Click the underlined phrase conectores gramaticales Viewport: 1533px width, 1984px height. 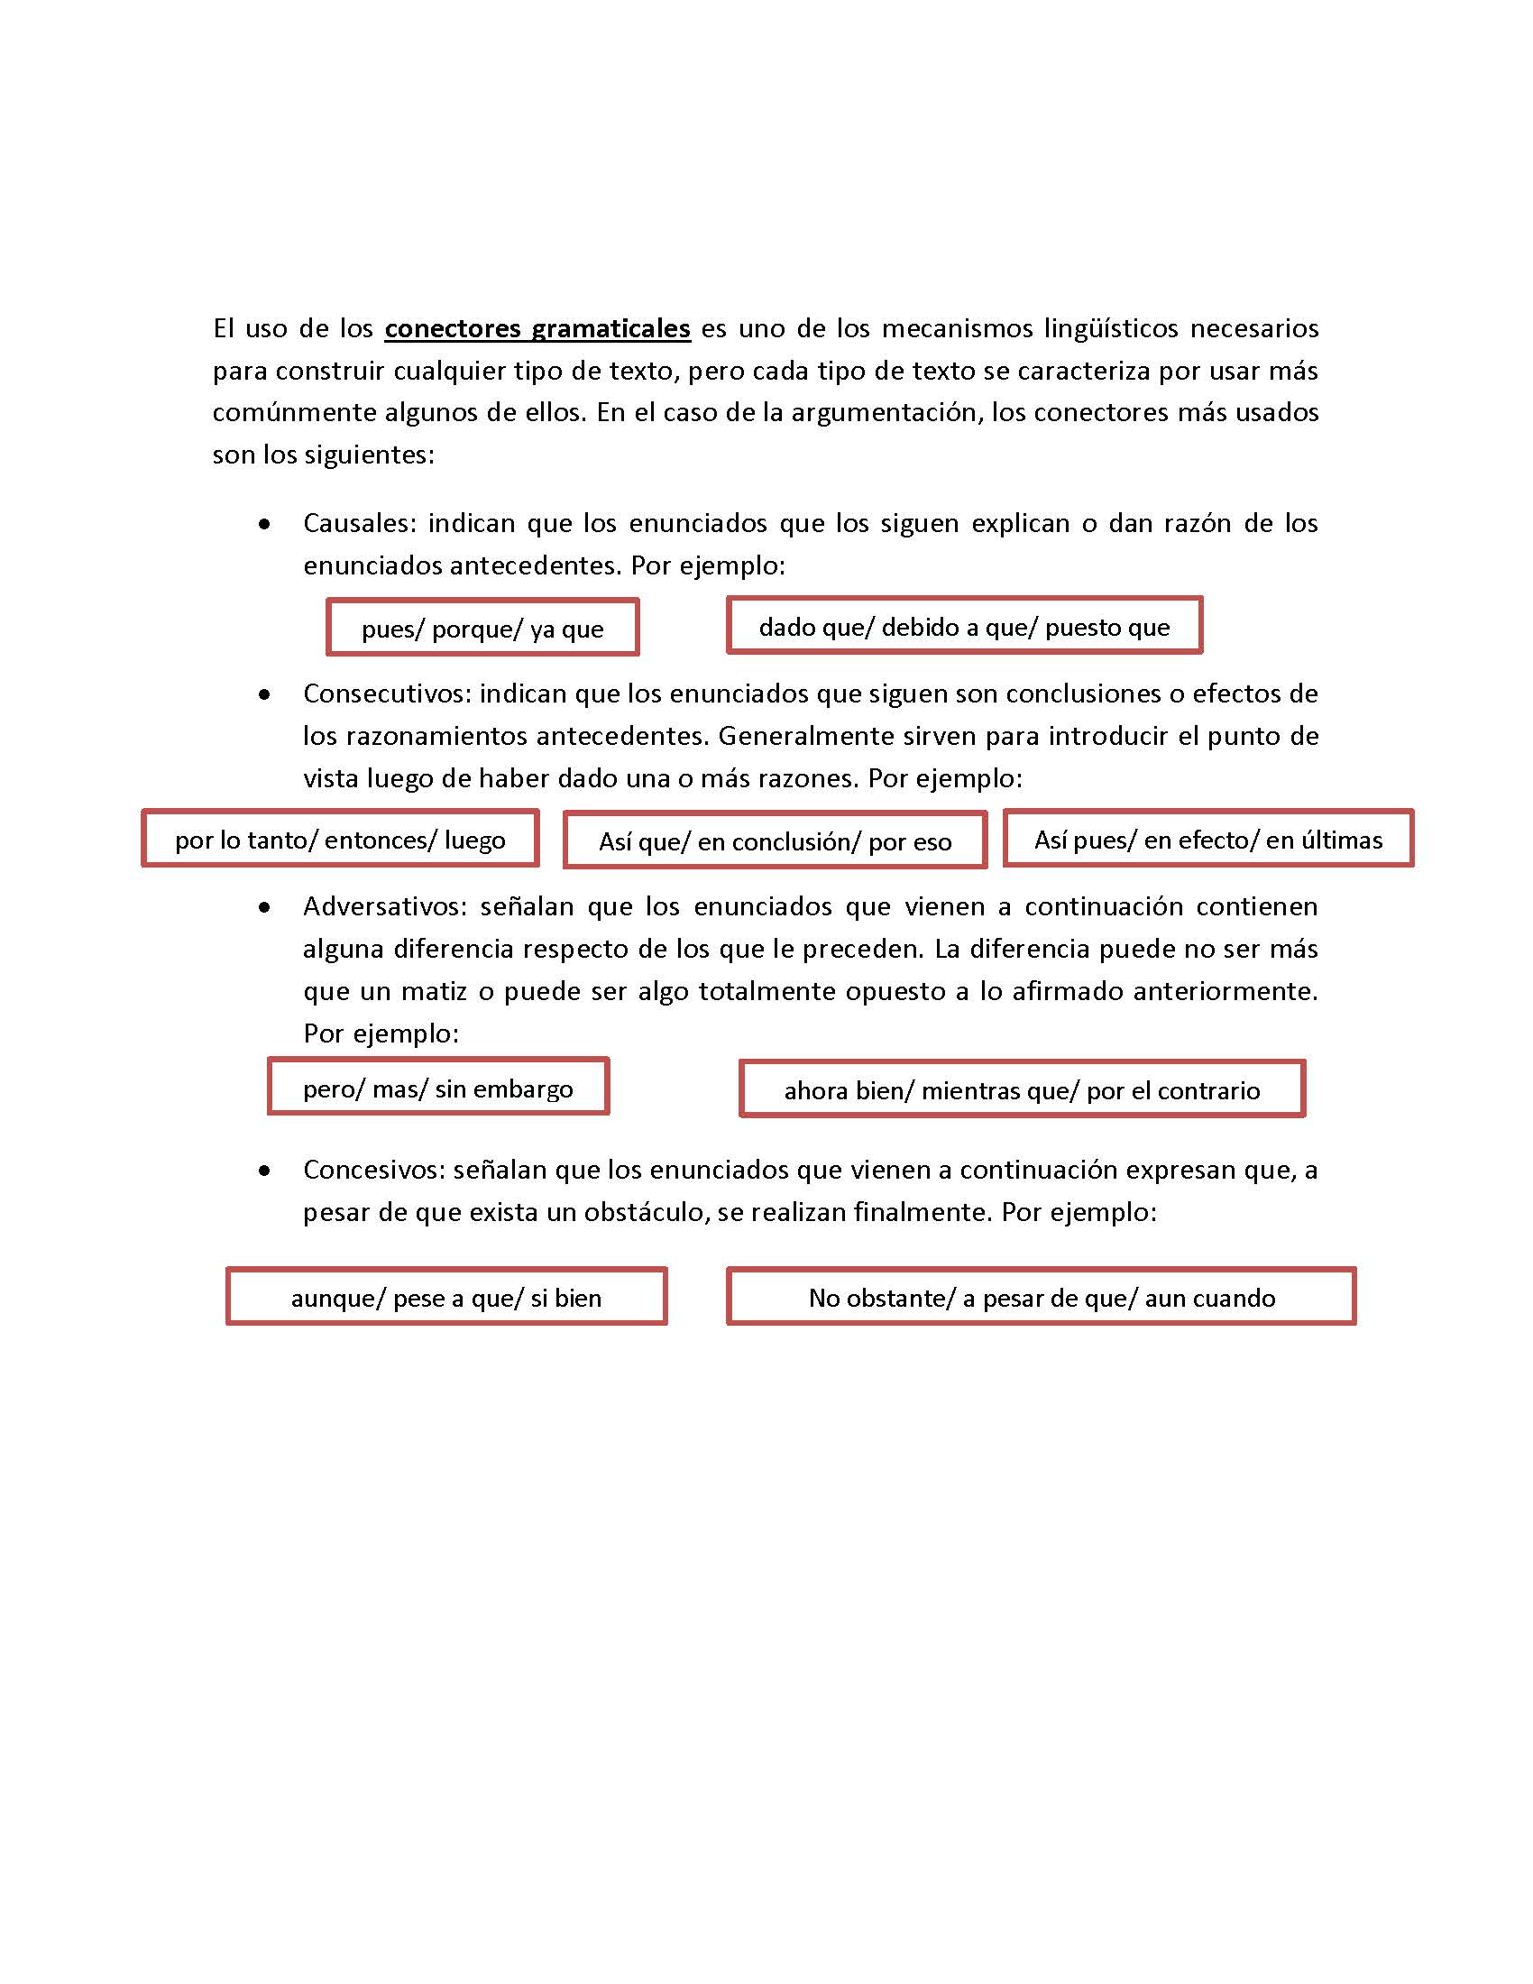click(x=537, y=328)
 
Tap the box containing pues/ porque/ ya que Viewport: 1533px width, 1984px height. click(x=482, y=628)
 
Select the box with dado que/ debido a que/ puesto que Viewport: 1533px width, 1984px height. click(x=964, y=626)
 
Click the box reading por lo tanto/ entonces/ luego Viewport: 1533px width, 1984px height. click(x=340, y=839)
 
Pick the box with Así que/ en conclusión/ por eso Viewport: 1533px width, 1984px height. click(x=774, y=840)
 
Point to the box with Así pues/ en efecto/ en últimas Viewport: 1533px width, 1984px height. click(x=1207, y=839)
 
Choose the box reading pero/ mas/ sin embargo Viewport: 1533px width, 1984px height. click(x=437, y=1088)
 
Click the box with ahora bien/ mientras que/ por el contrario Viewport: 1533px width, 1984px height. click(x=1022, y=1089)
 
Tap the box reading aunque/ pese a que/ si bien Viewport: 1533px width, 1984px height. click(x=445, y=1297)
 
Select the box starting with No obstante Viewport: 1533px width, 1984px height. click(x=1041, y=1297)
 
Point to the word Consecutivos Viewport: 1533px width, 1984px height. click(x=386, y=693)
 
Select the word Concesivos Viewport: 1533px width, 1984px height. click(x=373, y=1169)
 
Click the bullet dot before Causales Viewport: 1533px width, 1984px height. click(x=264, y=524)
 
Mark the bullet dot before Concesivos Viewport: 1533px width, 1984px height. click(x=264, y=1171)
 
